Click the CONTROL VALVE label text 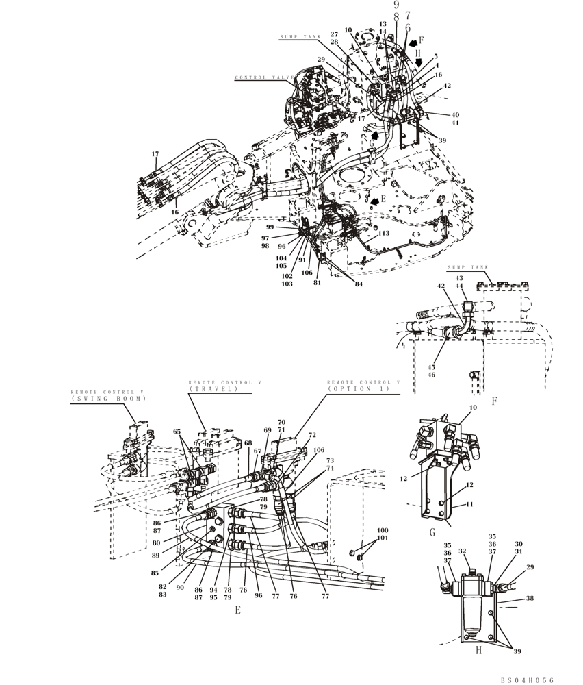[x=264, y=78]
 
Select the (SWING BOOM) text [x=107, y=398]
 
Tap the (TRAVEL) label [x=213, y=388]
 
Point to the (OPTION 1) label [x=358, y=388]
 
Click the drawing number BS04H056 [x=526, y=680]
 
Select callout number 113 [x=384, y=233]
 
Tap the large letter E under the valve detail [x=237, y=610]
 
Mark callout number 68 [x=248, y=443]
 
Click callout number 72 [x=311, y=435]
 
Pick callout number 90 [x=179, y=588]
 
